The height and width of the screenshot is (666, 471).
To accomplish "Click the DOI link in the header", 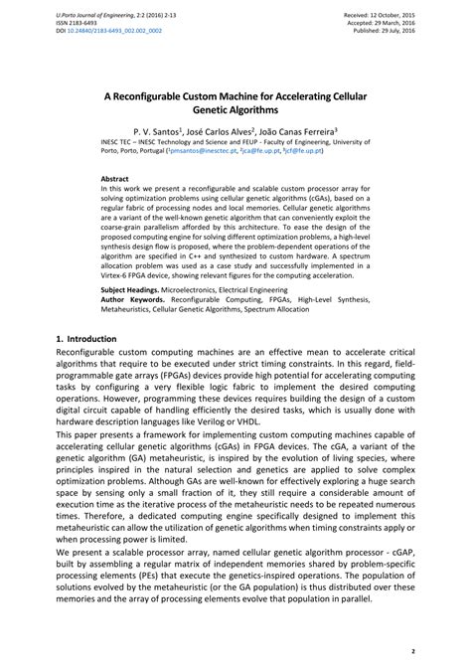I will coord(108,29).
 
